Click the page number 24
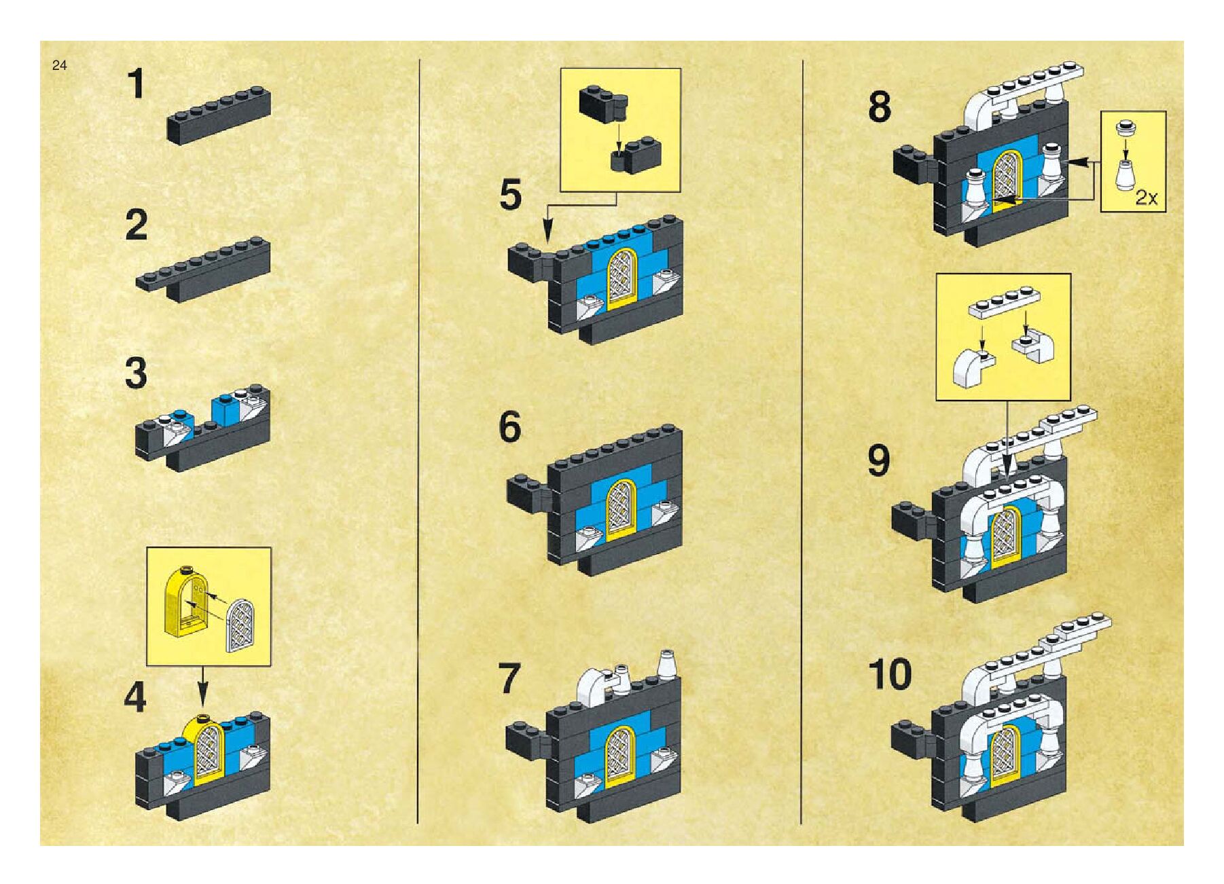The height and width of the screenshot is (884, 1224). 59,66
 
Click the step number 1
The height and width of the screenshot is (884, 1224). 137,85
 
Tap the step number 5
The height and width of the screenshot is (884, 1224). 510,195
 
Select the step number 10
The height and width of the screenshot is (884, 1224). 890,674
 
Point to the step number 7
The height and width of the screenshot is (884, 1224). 509,678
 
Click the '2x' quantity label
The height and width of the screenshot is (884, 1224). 1147,198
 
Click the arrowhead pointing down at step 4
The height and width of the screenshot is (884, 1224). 202,703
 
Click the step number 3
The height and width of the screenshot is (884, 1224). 137,374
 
